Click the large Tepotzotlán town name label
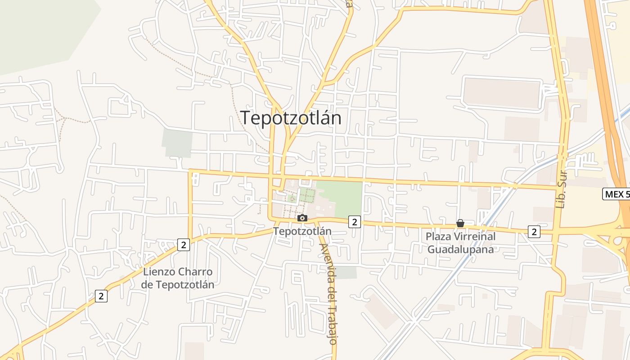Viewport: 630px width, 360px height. pyautogui.click(x=291, y=118)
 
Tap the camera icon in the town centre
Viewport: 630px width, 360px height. pyautogui.click(x=302, y=218)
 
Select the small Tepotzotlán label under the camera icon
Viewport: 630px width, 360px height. pyautogui.click(x=302, y=231)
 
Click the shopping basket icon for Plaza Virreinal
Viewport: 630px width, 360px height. pyautogui.click(x=460, y=223)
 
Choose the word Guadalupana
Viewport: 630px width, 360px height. pyautogui.click(x=460, y=249)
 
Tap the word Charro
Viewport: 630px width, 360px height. pyautogui.click(x=195, y=272)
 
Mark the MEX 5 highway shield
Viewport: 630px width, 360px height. pyautogui.click(x=616, y=194)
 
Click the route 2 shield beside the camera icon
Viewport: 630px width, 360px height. pyautogui.click(x=355, y=221)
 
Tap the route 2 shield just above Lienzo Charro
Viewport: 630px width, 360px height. pyautogui.click(x=183, y=245)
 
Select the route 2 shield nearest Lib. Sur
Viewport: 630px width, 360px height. pyautogui.click(x=534, y=232)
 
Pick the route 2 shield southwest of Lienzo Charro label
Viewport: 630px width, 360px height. pyautogui.click(x=101, y=296)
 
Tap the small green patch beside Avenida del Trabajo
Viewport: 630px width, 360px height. pyautogui.click(x=346, y=272)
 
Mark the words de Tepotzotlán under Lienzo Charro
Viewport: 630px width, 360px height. pyautogui.click(x=177, y=284)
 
